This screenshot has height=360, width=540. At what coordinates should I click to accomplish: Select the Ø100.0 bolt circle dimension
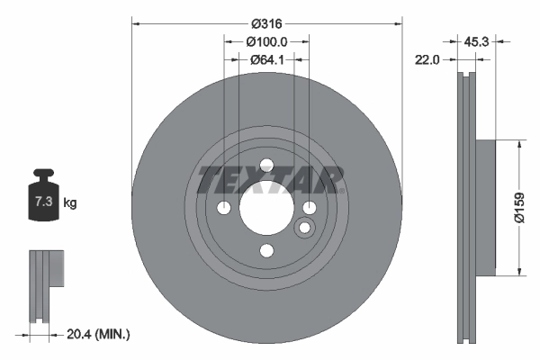(x=266, y=41)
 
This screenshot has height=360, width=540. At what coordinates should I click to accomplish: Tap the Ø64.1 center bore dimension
(x=266, y=60)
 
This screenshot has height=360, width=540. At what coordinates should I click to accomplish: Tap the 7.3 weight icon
(x=42, y=200)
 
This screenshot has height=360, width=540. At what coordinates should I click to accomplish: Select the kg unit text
(x=70, y=203)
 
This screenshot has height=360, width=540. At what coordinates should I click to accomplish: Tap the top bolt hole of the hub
(x=266, y=166)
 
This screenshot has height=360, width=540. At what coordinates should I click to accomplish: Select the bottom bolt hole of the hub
(x=266, y=251)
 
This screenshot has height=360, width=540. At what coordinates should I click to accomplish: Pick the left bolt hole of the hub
(x=224, y=208)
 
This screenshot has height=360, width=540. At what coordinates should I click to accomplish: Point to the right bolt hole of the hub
(x=309, y=208)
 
